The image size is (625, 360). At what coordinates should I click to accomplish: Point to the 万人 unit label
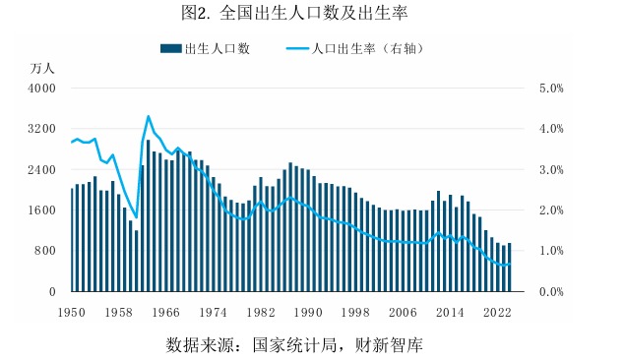43,68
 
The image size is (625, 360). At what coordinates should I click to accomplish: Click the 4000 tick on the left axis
41,89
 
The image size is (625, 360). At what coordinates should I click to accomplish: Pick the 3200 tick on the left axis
41,129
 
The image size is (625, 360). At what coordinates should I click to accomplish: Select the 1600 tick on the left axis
41,210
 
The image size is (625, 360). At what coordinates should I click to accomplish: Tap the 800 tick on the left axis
45,251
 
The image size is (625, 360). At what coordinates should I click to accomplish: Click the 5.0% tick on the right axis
548,89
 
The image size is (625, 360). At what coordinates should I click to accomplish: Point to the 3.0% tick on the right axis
548,170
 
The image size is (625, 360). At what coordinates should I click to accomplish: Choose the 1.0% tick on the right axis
548,251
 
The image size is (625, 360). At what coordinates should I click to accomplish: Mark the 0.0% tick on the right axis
548,292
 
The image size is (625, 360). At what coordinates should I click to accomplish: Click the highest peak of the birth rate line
149,116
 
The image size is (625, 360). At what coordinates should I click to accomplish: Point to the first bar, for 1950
73,240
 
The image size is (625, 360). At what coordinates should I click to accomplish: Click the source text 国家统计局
291,344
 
